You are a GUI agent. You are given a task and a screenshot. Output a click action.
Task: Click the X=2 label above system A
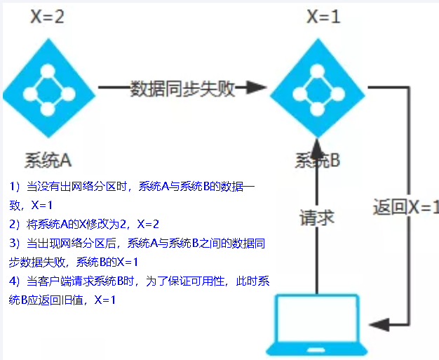point(47,17)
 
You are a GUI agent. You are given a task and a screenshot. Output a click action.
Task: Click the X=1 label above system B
point(323,17)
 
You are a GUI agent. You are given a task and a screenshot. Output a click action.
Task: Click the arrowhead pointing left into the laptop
point(377,323)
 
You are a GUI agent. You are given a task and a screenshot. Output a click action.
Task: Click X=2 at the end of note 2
point(148,224)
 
